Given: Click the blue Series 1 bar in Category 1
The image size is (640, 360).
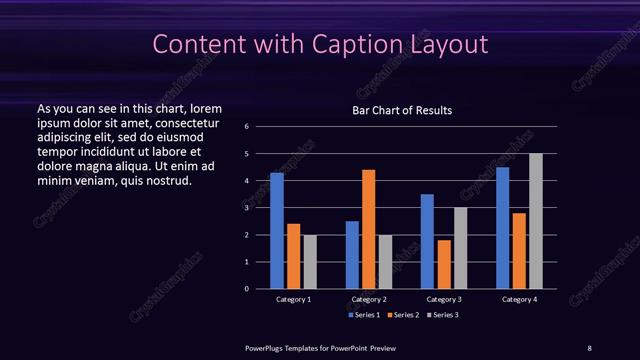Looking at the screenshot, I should point(276,231).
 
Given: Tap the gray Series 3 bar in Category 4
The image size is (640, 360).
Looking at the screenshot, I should point(536,221).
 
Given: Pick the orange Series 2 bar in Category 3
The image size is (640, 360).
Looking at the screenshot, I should point(444,264).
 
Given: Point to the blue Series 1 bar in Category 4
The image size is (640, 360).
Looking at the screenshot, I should point(503,228).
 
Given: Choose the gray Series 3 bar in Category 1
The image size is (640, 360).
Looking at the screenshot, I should point(310,262).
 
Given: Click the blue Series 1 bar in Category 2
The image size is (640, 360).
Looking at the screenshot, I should point(352,255).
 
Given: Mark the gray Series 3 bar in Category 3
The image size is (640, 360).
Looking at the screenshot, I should point(460,248).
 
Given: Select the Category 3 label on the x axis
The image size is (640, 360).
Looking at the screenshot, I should point(444,299).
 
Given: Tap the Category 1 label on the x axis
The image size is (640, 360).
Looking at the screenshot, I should point(293,299).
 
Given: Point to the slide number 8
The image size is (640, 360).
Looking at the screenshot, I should point(589,347).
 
